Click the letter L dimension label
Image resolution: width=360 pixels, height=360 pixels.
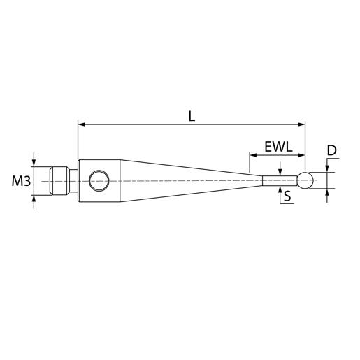pos(192,117)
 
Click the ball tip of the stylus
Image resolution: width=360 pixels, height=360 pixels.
pos(305,180)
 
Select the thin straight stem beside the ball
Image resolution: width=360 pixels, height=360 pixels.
pos(280,180)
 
